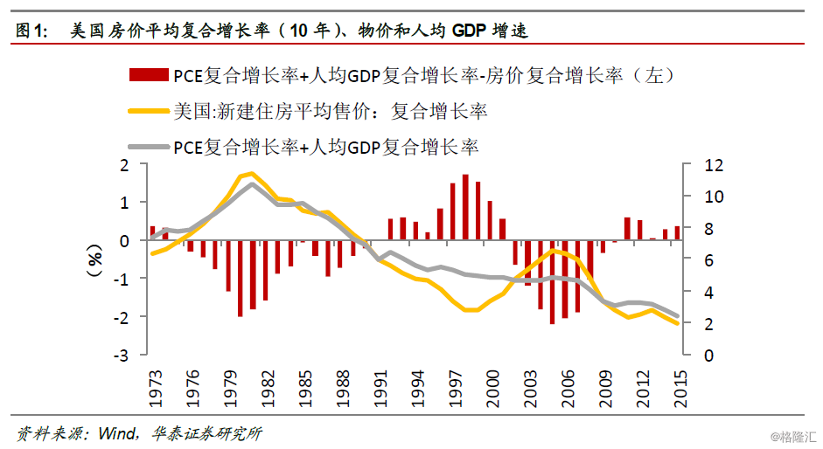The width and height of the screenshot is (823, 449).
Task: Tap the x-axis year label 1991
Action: (x=379, y=386)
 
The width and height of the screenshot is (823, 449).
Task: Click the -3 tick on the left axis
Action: (x=123, y=356)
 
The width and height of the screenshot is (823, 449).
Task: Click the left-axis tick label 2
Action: (x=124, y=165)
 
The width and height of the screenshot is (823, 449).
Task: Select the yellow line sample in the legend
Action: (x=149, y=111)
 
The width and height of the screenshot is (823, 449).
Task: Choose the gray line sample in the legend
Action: (x=149, y=146)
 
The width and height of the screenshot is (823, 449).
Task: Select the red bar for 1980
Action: (x=241, y=279)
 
